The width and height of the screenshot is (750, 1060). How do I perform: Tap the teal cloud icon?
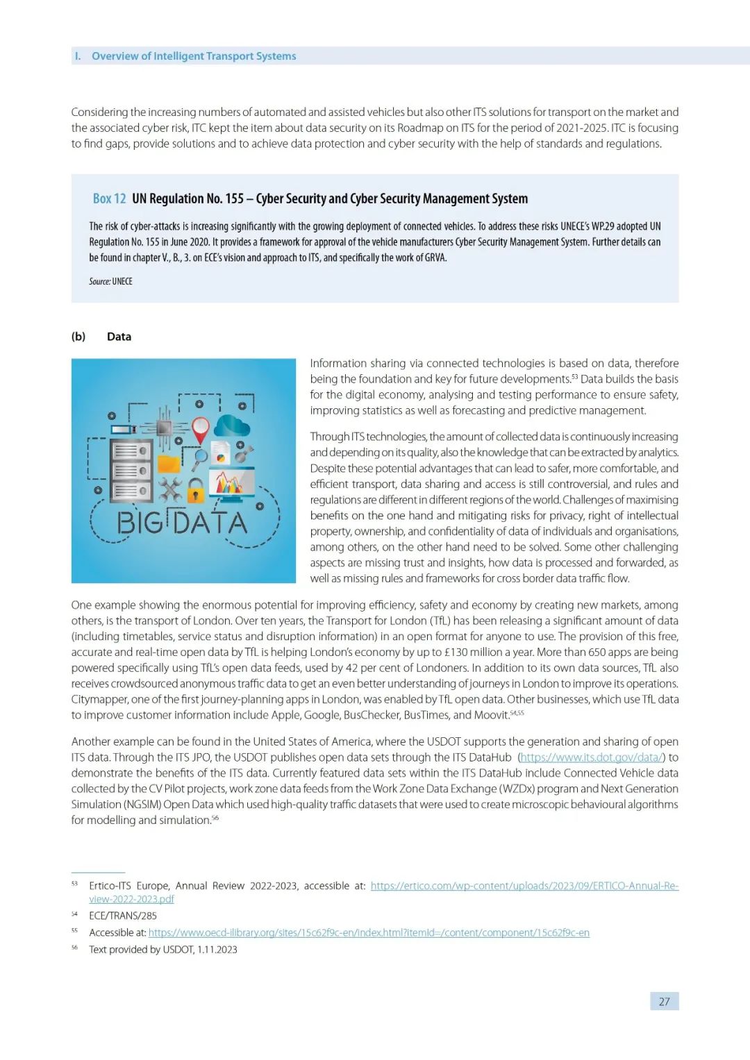coord(232,425)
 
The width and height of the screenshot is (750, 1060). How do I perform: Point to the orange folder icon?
coord(169,463)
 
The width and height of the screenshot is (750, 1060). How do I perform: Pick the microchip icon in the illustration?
coord(165,428)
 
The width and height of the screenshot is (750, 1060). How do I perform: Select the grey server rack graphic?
coord(131,470)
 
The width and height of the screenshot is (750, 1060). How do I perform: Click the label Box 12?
coord(109,199)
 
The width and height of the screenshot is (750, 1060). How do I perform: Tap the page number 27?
coord(665,1001)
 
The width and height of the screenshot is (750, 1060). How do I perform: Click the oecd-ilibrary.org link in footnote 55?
coord(369,933)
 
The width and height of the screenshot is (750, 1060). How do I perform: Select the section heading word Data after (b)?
coord(119,337)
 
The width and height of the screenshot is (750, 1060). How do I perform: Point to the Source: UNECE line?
coord(110,282)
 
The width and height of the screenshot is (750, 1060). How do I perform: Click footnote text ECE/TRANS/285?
coord(123,916)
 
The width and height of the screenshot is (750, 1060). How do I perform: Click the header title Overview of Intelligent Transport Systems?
coord(194,56)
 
